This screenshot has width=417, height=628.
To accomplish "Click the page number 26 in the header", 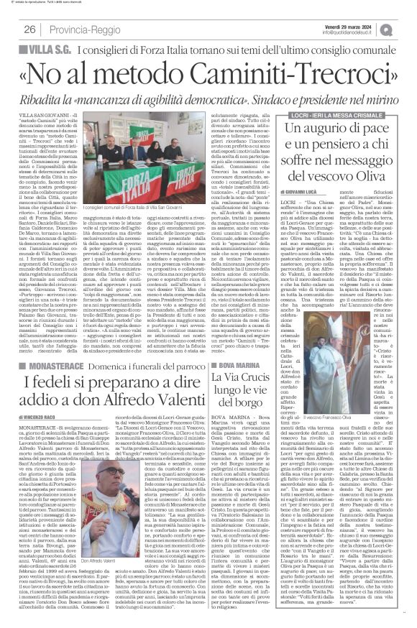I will tap(30, 29).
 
